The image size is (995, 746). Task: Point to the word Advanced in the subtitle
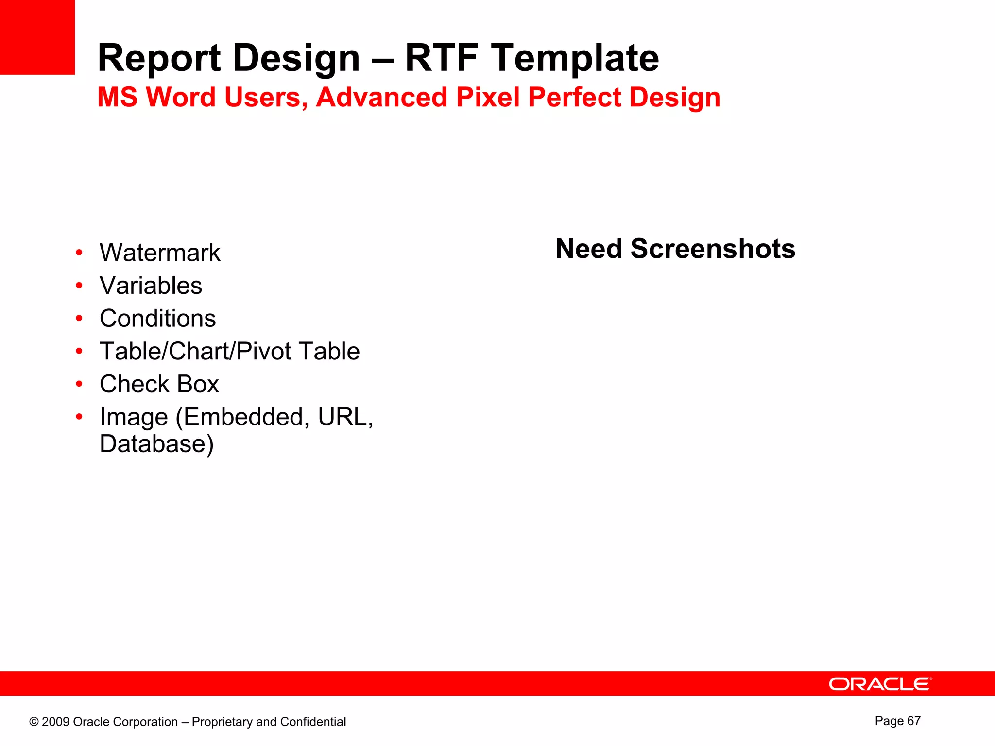coord(381,97)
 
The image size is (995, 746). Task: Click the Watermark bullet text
coord(160,253)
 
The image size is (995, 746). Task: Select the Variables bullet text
coord(151,286)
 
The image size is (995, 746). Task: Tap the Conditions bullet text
coord(157,319)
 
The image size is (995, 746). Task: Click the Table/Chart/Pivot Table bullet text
coord(229,351)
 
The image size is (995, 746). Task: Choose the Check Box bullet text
coord(159,384)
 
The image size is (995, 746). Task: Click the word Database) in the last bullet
coord(156,444)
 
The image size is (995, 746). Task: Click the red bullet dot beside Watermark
coord(79,253)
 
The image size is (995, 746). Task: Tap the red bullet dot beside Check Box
coord(79,384)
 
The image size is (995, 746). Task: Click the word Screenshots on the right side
coord(713,249)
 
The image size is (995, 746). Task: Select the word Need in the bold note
coord(589,249)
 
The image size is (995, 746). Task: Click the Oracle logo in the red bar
coord(880,684)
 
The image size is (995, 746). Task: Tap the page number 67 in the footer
coord(913,721)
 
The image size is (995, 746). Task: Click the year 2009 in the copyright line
coord(56,722)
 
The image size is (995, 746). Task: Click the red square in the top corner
coord(37,37)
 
